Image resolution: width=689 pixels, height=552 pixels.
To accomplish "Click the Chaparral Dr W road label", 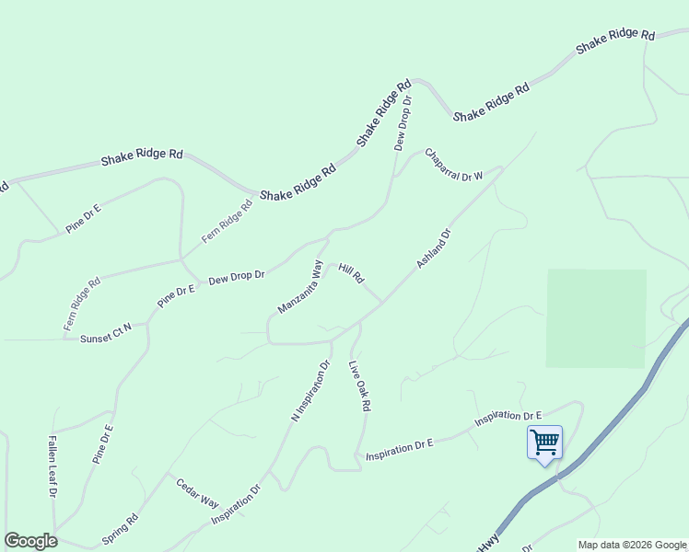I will pos(454,163).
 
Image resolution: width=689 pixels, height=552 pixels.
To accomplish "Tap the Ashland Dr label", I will pos(433,249).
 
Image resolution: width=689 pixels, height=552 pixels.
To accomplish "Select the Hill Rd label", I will pos(352,273).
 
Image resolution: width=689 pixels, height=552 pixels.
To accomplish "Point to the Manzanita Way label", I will pos(301,287).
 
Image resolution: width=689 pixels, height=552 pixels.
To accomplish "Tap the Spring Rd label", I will pos(120,528).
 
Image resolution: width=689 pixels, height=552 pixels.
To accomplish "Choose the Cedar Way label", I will pos(197,493).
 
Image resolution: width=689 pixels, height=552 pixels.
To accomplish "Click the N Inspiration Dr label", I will pos(310,390).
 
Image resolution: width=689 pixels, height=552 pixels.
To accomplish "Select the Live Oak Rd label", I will pos(359,385).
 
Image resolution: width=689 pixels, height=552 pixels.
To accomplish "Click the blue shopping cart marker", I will pos(544,443).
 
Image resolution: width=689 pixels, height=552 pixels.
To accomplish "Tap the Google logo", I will pos(30,541).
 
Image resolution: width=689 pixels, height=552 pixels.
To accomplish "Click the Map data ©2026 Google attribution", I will pos(632,545).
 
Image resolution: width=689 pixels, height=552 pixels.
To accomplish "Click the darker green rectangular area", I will pos(596,318).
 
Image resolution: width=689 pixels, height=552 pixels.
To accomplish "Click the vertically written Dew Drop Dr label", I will pos(403,121).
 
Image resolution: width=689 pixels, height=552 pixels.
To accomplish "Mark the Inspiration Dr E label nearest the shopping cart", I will pos(508,419).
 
